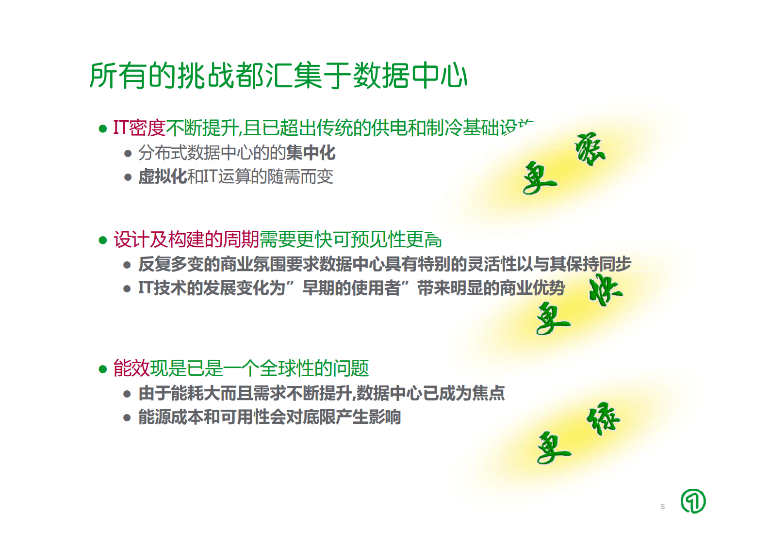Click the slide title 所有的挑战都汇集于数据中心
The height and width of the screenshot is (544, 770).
click(278, 76)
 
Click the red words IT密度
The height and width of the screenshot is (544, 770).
click(139, 128)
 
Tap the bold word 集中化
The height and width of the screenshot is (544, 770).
click(311, 153)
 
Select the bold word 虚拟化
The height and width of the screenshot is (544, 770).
click(162, 176)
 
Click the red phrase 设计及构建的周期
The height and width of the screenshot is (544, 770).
click(186, 240)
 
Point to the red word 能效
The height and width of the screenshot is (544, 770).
click(131, 368)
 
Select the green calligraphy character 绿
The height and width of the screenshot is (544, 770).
click(603, 418)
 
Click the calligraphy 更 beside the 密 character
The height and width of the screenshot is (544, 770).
click(539, 178)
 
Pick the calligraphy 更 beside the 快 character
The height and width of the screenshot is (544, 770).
click(553, 318)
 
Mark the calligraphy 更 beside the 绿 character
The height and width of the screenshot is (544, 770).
click(553, 448)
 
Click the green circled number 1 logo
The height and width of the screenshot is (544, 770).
click(693, 501)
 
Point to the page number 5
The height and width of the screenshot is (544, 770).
click(663, 507)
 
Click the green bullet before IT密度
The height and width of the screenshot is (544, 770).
click(102, 129)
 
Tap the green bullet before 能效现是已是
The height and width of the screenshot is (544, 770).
click(102, 369)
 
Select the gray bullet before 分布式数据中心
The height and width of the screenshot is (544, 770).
click(128, 154)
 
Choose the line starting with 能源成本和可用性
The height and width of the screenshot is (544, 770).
click(269, 417)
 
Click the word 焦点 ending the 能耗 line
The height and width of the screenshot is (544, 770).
click(489, 393)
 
